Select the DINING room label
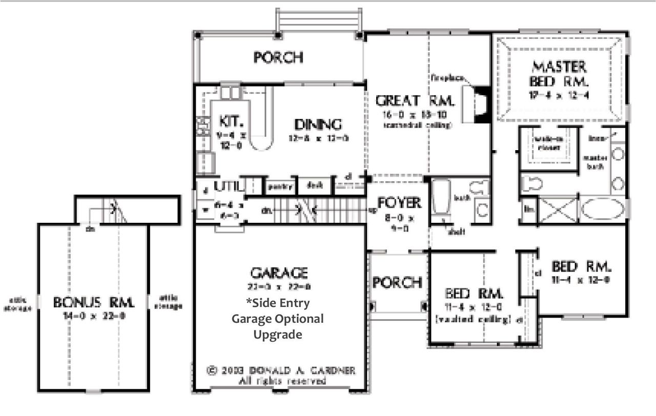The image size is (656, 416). (318, 124)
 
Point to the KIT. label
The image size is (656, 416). (227, 121)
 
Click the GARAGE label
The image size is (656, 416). (279, 272)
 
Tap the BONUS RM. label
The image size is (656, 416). (94, 303)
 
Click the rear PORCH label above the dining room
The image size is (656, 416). (278, 57)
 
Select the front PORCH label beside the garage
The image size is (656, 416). (397, 282)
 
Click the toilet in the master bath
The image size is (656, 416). (532, 182)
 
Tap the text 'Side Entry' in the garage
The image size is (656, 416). (278, 303)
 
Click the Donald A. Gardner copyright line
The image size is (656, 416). (281, 370)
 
